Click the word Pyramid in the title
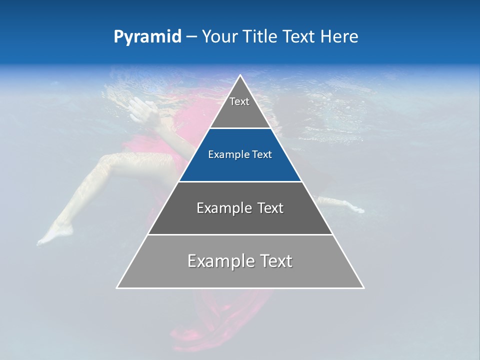tap(147, 37)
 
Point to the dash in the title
tap(191, 37)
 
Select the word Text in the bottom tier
tap(272, 261)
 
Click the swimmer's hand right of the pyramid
tap(352, 207)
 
